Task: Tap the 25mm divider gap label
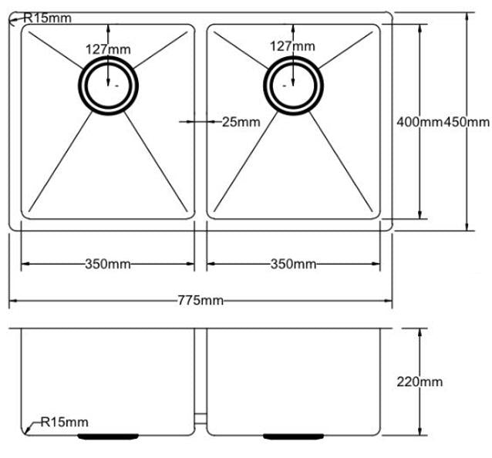241,121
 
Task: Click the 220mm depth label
420,381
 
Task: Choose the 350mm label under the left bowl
107,264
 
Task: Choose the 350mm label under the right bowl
293,264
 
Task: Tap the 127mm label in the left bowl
108,49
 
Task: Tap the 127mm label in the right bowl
292,46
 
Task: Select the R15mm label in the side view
65,422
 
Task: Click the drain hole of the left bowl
108,84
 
